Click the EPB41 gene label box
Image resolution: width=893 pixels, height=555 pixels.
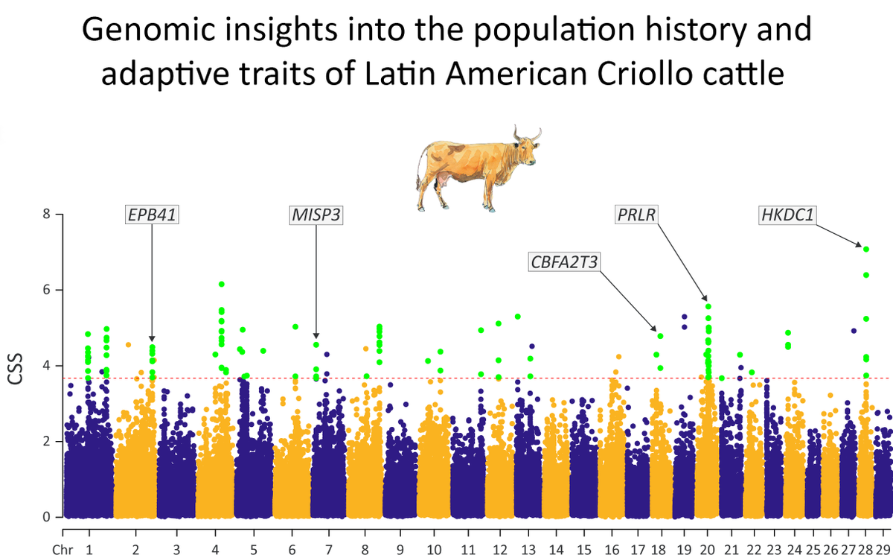[x=152, y=215]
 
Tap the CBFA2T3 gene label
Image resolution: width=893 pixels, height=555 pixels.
[x=565, y=261]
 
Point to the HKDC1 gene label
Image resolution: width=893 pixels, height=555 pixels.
[x=787, y=215]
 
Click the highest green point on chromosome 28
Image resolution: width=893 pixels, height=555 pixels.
[x=865, y=248]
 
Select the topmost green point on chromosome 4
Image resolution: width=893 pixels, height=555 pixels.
[x=221, y=285]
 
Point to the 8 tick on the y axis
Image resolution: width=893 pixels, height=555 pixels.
[x=47, y=215]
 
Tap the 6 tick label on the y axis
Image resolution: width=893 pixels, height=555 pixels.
[x=47, y=290]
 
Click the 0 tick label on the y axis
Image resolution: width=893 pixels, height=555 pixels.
[x=47, y=516]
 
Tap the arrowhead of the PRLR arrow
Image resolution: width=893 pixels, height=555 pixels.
[x=706, y=299]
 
